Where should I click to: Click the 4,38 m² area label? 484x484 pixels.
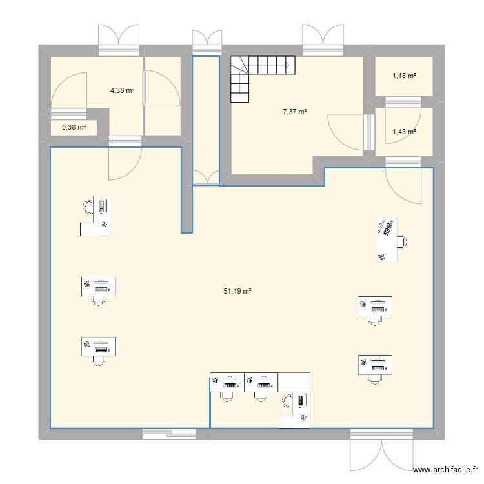(122, 91)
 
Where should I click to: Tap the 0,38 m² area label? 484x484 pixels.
(74, 127)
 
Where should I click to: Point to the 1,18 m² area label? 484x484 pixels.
(404, 77)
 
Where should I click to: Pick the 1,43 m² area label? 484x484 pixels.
(404, 132)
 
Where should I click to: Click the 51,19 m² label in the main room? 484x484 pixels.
(237, 292)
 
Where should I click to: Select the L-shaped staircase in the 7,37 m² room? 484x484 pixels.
(258, 74)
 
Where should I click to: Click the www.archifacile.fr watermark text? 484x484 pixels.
(445, 471)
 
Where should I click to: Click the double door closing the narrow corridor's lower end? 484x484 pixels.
(207, 177)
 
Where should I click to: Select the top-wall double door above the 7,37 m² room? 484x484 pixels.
(322, 39)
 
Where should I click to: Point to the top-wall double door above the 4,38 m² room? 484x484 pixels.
(119, 39)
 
